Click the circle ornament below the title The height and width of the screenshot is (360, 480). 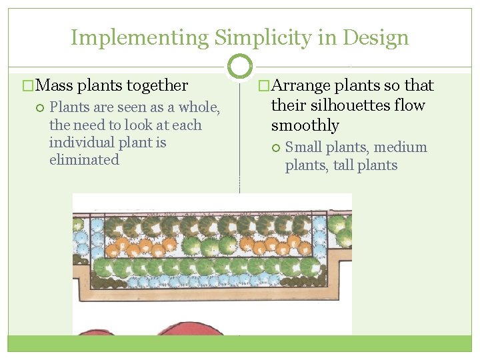[x=240, y=66]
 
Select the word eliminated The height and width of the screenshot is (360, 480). [x=84, y=160]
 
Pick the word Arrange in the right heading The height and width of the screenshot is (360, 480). [x=301, y=85]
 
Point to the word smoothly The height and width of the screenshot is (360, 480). [x=305, y=125]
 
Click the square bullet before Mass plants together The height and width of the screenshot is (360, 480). [x=27, y=85]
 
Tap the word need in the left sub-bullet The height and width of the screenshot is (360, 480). [x=87, y=125]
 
